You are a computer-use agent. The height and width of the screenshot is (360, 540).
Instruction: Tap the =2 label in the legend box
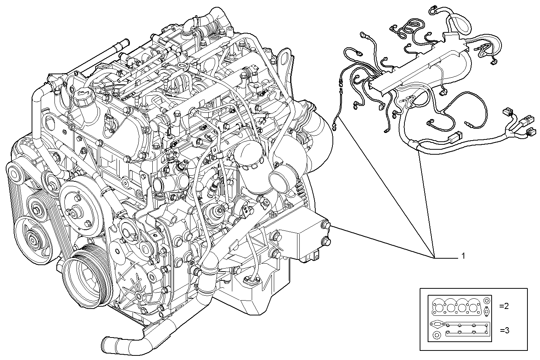coord(504,306)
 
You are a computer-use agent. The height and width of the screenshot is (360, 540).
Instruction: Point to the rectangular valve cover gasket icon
coord(468,330)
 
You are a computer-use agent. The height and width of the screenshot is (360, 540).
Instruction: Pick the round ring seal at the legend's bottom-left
coord(437,336)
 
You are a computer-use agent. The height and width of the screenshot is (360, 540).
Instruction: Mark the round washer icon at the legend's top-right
coord(487,301)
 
